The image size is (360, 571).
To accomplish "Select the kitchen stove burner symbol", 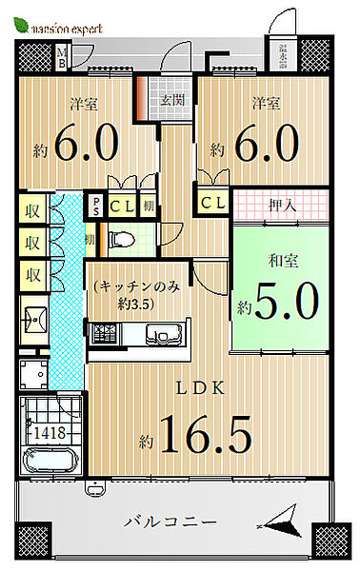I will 104,335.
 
